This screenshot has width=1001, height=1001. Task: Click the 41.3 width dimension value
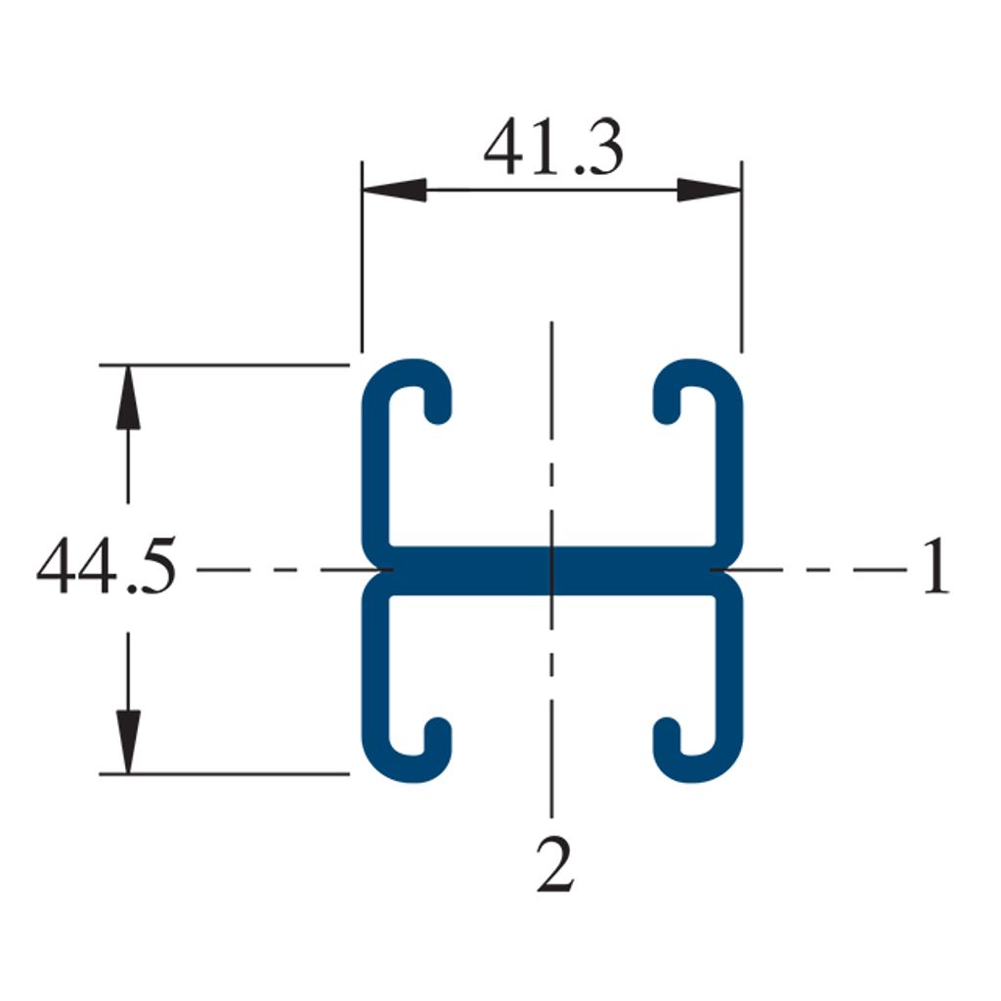click(x=553, y=147)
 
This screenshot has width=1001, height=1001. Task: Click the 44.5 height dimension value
click(x=106, y=566)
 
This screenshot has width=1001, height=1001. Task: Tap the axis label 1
click(x=936, y=566)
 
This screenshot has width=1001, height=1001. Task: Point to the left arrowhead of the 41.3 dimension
click(x=394, y=190)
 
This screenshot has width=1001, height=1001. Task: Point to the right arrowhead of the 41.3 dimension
click(x=710, y=190)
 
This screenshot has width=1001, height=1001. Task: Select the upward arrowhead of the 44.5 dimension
click(x=128, y=397)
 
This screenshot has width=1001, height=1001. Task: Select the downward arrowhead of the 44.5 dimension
click(x=128, y=742)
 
